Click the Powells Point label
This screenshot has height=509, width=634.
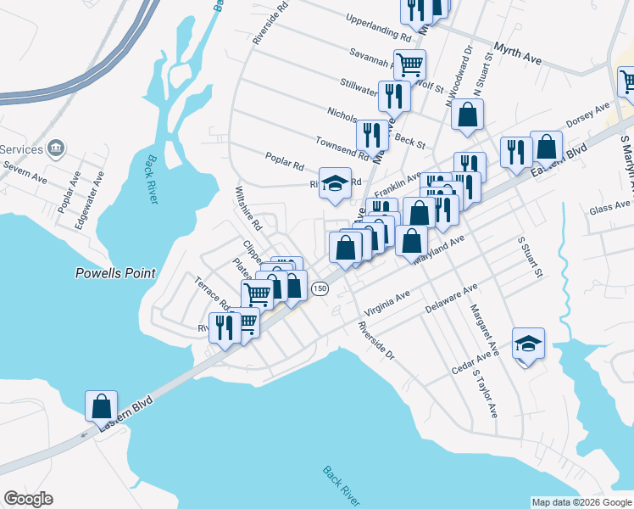pyautogui.click(x=115, y=273)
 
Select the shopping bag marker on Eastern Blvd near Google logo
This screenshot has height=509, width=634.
pyautogui.click(x=101, y=406)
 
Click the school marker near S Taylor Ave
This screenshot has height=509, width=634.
pyautogui.click(x=528, y=344)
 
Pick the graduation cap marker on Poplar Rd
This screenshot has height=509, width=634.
pyautogui.click(x=335, y=183)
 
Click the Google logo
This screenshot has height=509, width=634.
pyautogui.click(x=28, y=499)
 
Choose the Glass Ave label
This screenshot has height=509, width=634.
pyautogui.click(x=609, y=208)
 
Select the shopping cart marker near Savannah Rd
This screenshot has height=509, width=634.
pyautogui.click(x=409, y=64)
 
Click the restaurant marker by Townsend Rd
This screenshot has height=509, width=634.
pyautogui.click(x=372, y=134)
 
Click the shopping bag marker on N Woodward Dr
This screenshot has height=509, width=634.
pyautogui.click(x=467, y=115)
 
